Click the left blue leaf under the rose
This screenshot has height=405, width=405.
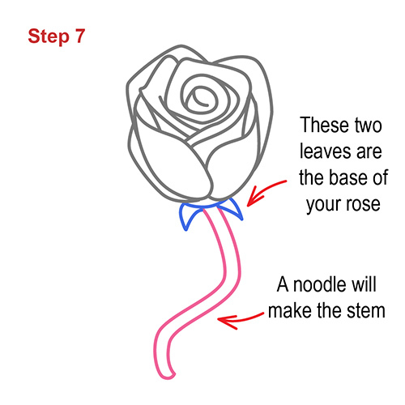[190, 216]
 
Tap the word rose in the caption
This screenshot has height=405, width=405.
[362, 204]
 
